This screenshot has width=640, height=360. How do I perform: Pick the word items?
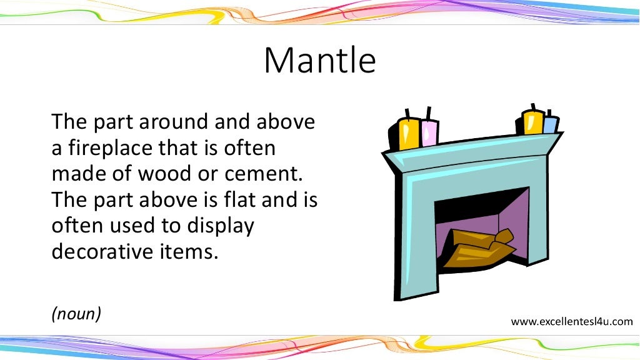point(197,251)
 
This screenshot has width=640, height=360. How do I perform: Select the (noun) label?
point(76,313)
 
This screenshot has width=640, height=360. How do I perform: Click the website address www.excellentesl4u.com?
point(572,322)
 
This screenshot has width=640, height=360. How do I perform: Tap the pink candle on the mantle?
point(429,131)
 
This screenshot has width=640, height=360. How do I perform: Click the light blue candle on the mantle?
point(550,125)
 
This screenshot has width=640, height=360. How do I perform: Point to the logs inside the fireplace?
point(478,247)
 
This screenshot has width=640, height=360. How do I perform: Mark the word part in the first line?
point(111,122)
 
